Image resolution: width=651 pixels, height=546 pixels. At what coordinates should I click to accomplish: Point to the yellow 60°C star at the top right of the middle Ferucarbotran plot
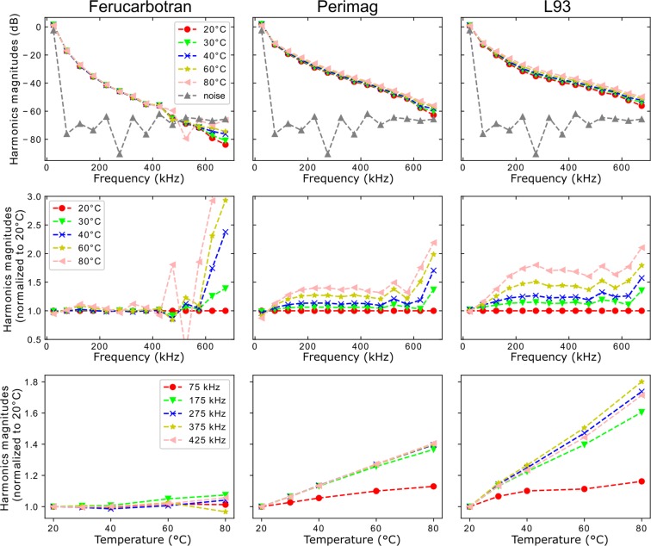(x=225, y=200)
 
